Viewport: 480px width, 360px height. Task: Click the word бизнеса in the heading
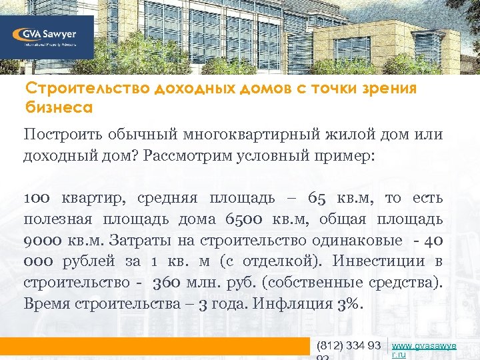(58, 107)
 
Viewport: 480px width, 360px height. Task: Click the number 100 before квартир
(39, 198)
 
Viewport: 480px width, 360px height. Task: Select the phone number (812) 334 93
(349, 345)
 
